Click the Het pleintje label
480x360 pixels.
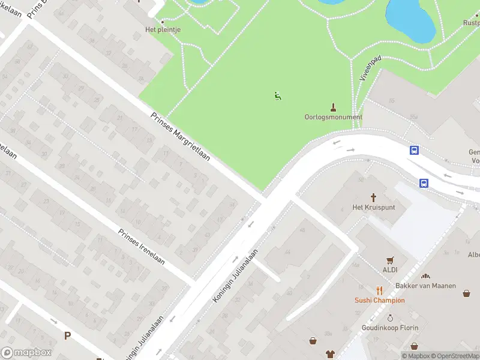163,29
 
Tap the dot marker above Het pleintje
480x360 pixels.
162,22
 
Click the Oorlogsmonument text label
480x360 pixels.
334,117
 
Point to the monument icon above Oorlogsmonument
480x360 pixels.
334,106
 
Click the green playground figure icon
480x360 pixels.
278,95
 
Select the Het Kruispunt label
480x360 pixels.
373,208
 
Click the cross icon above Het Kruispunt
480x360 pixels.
373,197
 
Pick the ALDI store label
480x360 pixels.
391,270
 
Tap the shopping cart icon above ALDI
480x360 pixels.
391,260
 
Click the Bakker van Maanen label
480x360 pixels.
425,286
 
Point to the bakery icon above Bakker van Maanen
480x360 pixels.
425,276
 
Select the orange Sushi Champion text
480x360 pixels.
380,301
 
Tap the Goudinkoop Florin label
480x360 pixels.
390,328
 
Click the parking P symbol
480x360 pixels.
68,336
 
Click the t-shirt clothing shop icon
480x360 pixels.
329,354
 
